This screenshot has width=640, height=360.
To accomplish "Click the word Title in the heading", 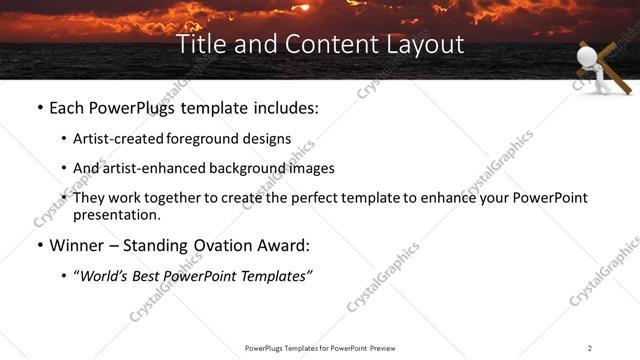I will click(199, 44).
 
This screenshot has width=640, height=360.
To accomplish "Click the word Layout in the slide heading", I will click(429, 44).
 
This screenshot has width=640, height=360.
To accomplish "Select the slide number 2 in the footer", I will click(590, 347).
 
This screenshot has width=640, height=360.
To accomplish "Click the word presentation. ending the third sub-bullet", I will click(116, 214).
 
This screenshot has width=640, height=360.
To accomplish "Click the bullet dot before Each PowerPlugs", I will click(38, 107).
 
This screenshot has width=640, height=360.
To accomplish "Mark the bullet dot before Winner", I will click(38, 245).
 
